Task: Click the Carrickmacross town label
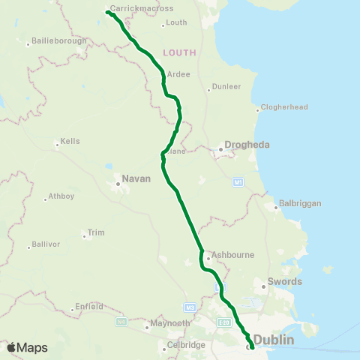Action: (142, 8)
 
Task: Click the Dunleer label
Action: (228, 86)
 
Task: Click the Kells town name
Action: (71, 141)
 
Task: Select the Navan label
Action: (137, 178)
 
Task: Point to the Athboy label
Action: (60, 197)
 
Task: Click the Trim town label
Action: (96, 232)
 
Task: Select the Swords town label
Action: (286, 282)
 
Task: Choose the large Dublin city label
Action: (274, 340)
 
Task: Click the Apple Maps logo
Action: (27, 347)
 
